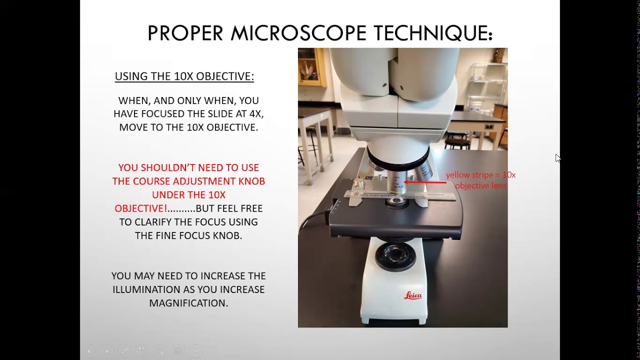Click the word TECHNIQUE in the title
pos(433,33)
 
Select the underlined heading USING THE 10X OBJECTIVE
pos(184,76)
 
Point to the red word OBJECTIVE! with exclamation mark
pos(141,208)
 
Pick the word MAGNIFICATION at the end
pos(188,303)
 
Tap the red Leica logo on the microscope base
pos(412,296)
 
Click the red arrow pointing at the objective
pos(425,182)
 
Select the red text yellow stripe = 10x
pos(480,175)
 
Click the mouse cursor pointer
pos(557,158)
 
